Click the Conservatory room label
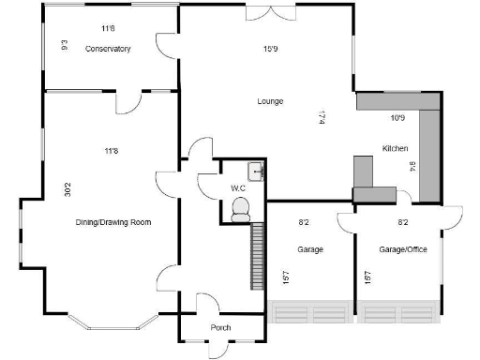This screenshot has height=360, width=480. pyautogui.click(x=107, y=49)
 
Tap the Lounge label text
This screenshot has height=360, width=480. pyautogui.click(x=271, y=100)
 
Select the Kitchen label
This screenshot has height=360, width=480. pyautogui.click(x=394, y=148)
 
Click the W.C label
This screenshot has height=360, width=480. pyautogui.click(x=238, y=187)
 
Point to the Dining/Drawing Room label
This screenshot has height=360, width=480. pyautogui.click(x=113, y=222)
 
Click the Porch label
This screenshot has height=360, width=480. pyautogui.click(x=221, y=327)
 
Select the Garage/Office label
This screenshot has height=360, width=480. pyautogui.click(x=402, y=251)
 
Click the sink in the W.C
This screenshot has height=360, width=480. pyautogui.click(x=255, y=171)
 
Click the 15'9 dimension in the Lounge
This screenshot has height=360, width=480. pyautogui.click(x=272, y=49)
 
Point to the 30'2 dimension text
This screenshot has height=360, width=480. pyautogui.click(x=67, y=188)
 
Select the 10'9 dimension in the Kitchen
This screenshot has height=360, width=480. pyautogui.click(x=397, y=117)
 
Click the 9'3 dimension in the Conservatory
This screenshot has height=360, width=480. pyautogui.click(x=64, y=43)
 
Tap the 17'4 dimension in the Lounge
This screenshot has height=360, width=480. pyautogui.click(x=322, y=117)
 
